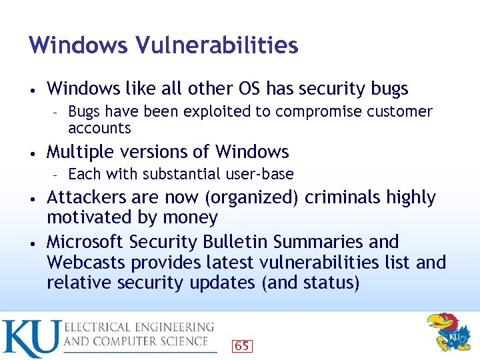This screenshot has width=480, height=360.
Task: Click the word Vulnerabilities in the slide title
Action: [x=217, y=45]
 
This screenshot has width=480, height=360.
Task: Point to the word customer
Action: [x=398, y=111]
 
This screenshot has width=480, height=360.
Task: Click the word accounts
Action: [x=99, y=128]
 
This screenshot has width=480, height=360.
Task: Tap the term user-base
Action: [x=261, y=174]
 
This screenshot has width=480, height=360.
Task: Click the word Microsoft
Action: [x=85, y=241]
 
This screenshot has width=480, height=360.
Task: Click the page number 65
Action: [x=241, y=345]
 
